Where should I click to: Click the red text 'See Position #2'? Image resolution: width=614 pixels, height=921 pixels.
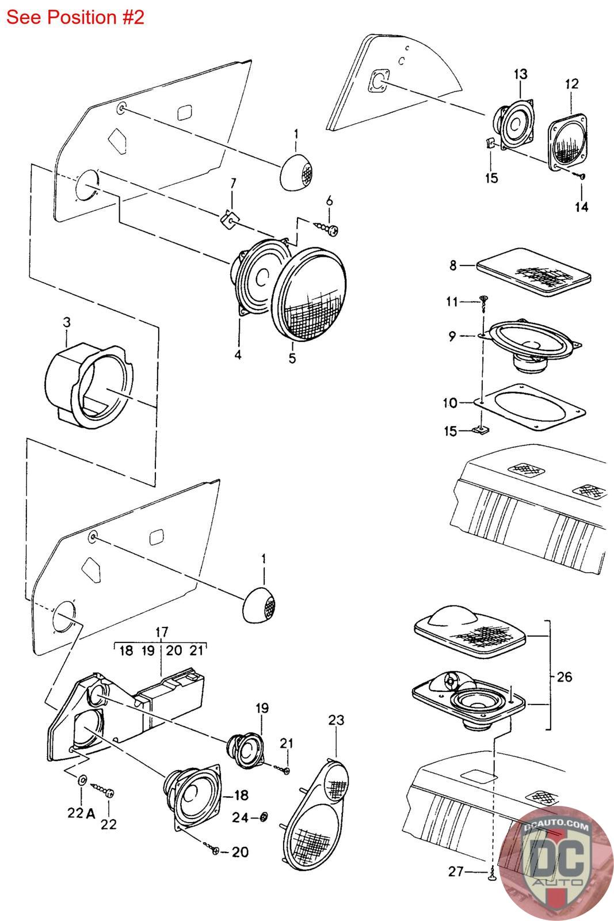click(x=75, y=17)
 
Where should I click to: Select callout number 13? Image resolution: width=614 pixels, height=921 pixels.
click(x=520, y=74)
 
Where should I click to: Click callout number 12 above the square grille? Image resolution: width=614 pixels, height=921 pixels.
click(x=571, y=84)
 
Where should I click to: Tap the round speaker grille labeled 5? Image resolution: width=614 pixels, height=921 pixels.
click(x=308, y=294)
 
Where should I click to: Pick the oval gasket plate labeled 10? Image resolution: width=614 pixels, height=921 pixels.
click(x=530, y=407)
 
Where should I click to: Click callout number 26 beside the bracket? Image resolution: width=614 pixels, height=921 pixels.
click(x=565, y=677)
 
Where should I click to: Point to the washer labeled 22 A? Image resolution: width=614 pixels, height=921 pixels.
click(x=82, y=779)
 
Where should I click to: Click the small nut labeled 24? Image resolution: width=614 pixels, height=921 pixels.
click(x=264, y=817)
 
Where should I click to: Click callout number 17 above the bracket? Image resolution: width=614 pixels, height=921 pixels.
click(x=162, y=632)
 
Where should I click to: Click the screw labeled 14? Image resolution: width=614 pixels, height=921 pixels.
click(x=581, y=176)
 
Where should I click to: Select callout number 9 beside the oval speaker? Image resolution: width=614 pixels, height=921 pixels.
click(x=452, y=336)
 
